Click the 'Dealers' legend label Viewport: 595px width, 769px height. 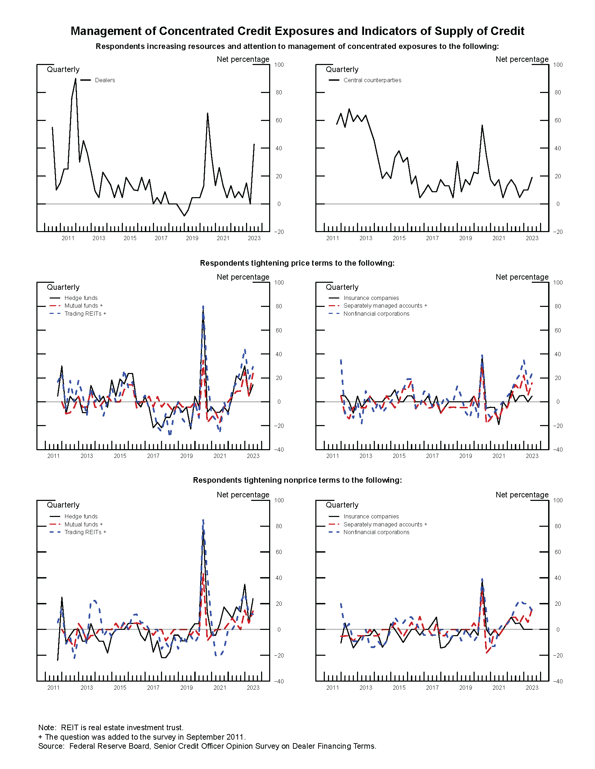(105, 80)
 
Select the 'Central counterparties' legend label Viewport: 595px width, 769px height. (372, 80)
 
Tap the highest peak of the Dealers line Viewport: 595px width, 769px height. (76, 79)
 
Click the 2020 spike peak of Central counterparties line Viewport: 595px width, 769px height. (482, 125)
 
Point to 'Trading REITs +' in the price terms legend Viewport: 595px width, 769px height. (85, 314)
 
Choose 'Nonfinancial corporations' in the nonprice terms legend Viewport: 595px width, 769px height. (376, 532)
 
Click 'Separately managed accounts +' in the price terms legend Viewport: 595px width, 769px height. (385, 306)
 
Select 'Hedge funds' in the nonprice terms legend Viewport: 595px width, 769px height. (81, 516)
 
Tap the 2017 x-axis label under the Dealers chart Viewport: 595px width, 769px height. (161, 238)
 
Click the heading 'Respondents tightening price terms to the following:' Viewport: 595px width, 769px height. (297, 263)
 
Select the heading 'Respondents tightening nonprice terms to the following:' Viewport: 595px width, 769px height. (297, 480)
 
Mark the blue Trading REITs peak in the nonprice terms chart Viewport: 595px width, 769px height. (203, 520)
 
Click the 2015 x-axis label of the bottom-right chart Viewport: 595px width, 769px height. (399, 688)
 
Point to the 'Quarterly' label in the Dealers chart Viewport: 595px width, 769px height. (63, 69)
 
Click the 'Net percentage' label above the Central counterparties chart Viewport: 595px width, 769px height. (522, 59)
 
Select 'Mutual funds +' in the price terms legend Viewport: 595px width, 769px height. (83, 306)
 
